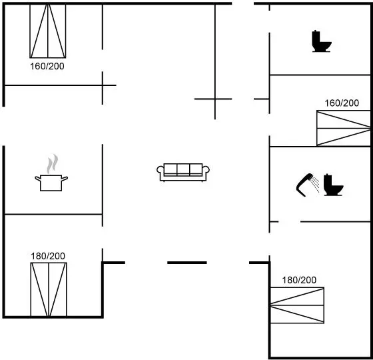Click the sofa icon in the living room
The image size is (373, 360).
coord(183,173)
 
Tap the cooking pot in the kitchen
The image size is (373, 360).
coord(51,183)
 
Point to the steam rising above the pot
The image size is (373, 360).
coord(53,164)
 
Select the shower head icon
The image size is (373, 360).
coord(304,185)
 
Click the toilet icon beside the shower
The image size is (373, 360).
coord(334,185)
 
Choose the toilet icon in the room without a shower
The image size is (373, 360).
coord(322,41)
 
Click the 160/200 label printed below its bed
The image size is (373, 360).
coord(47,66)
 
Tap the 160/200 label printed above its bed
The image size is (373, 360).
coord(342,103)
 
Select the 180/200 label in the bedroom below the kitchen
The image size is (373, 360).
coord(48,256)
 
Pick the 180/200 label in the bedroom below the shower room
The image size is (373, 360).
coord(299,280)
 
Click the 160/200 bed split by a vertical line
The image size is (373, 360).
coord(48,31)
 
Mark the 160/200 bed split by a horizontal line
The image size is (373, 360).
coord(344,128)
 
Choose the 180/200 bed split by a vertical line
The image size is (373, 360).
coord(49,289)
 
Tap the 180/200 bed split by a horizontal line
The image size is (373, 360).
coord(297,305)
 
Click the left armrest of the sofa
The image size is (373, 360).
coord(160,169)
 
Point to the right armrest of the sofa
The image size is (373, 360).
coord(206,169)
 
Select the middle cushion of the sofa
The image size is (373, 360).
coord(183,169)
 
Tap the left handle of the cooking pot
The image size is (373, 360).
coord(38,178)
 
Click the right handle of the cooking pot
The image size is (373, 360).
coord(65,178)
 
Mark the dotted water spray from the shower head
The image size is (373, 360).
coord(316,184)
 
